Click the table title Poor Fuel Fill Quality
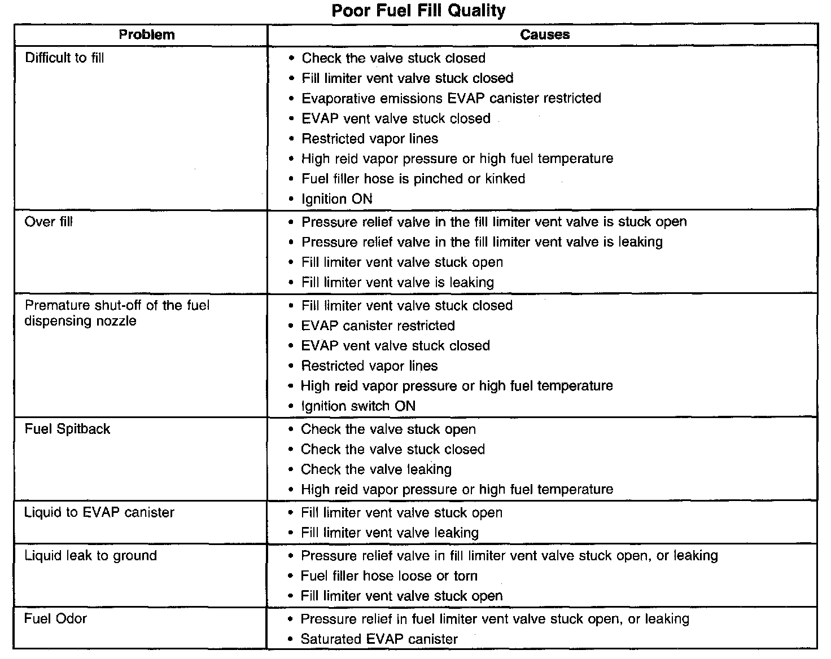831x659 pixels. [x=418, y=11]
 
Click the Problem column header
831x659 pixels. [x=147, y=35]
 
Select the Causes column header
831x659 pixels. [x=545, y=35]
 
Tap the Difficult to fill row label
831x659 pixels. [x=64, y=58]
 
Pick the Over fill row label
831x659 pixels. [x=49, y=222]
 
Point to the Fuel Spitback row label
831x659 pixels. [x=67, y=429]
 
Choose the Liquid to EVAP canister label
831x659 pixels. [x=99, y=512]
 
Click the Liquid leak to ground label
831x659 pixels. [x=90, y=556]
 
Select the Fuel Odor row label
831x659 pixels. [x=55, y=619]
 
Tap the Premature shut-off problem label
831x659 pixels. [x=117, y=313]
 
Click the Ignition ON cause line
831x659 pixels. [x=336, y=199]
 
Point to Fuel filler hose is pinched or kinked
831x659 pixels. [x=413, y=179]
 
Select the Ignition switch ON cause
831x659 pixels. [x=358, y=406]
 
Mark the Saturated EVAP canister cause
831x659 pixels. [x=379, y=639]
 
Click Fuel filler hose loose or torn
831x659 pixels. [x=389, y=576]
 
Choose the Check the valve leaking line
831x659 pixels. [x=376, y=469]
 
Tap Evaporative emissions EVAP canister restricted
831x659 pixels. [x=451, y=98]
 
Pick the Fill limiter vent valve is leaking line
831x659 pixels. [x=397, y=283]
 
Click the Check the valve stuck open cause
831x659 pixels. [x=388, y=429]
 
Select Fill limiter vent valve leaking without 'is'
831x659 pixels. [x=390, y=533]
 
